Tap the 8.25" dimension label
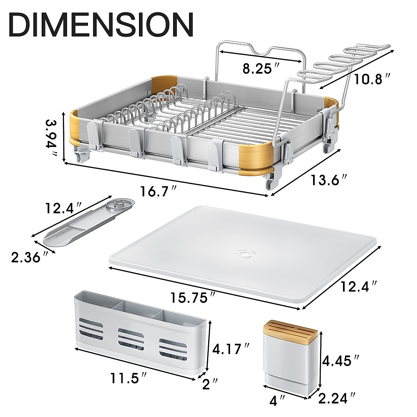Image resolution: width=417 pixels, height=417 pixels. pyautogui.click(x=257, y=68)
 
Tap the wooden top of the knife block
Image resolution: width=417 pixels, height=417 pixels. pyautogui.click(x=291, y=327)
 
